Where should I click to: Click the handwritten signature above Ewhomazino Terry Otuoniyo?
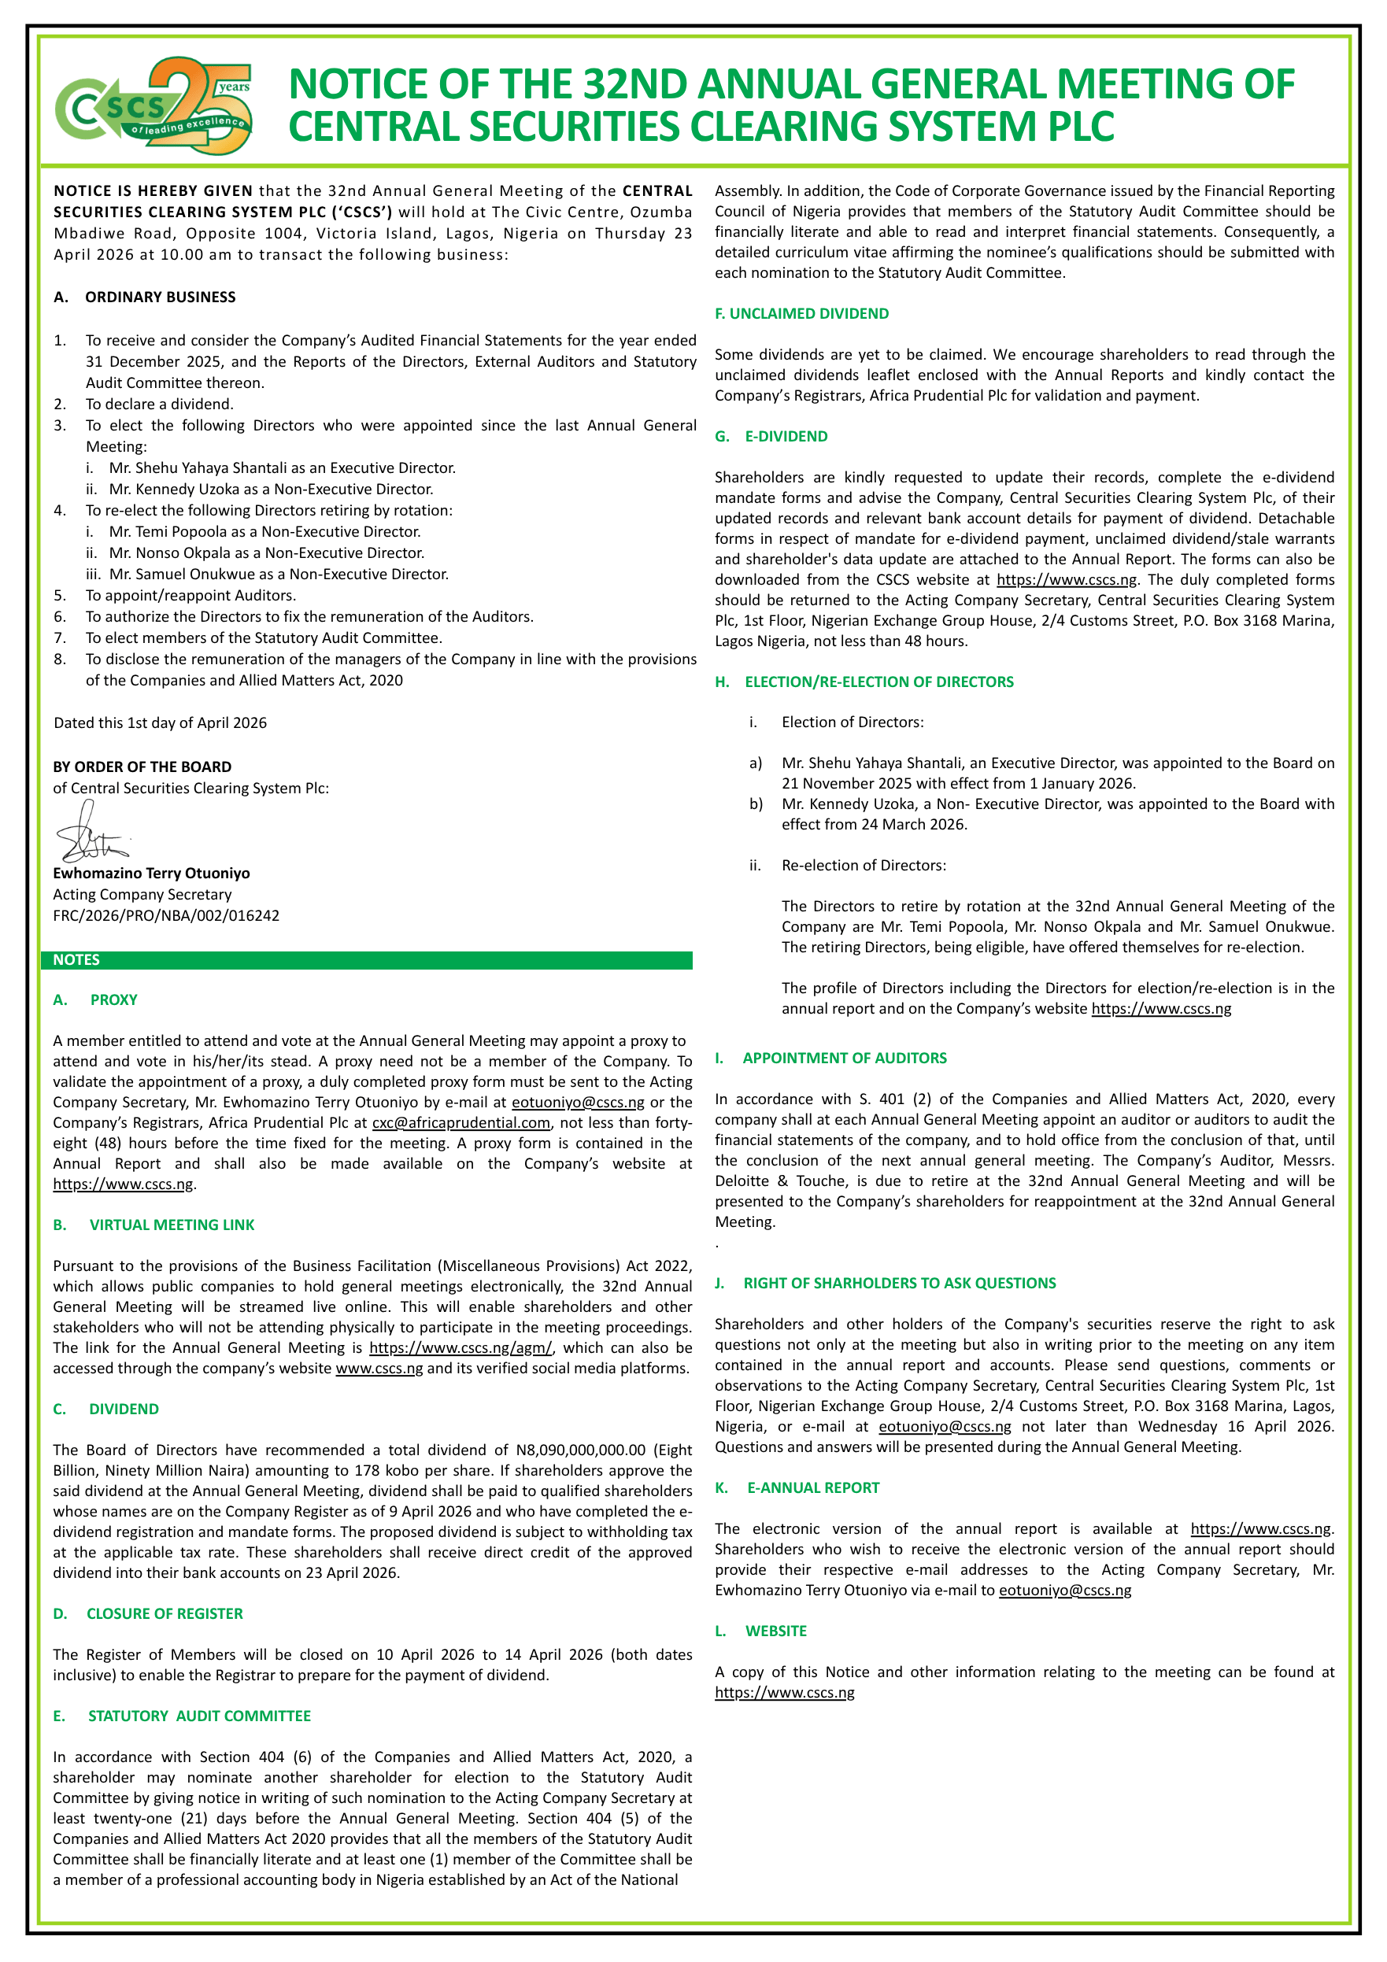(x=90, y=834)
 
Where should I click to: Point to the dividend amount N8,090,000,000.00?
(x=580, y=1450)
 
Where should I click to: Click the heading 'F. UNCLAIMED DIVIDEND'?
(x=801, y=313)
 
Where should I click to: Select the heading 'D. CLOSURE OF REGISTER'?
(x=148, y=1613)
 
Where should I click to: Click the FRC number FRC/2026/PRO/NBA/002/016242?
(x=166, y=915)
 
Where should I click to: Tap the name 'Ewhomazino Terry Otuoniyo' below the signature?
(x=151, y=874)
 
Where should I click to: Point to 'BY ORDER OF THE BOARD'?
(x=142, y=767)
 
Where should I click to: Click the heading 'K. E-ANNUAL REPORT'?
(x=797, y=1487)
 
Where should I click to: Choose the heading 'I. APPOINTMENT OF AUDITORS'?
(x=830, y=1058)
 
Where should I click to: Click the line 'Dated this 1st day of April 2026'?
(x=160, y=723)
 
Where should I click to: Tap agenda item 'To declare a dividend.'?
(x=159, y=405)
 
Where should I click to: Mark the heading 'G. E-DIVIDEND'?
(x=771, y=437)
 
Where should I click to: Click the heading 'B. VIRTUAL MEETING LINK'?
(x=153, y=1225)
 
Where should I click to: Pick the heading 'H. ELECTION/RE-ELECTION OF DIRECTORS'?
(x=864, y=682)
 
